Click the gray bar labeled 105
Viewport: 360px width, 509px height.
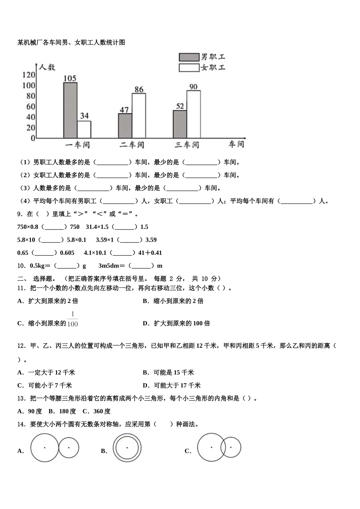tap(70, 110)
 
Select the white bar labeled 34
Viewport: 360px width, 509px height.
tap(84, 130)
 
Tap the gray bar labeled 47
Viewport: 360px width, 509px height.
tap(125, 126)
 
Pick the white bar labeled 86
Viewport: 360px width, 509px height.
tap(139, 116)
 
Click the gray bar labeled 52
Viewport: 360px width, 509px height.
tap(180, 124)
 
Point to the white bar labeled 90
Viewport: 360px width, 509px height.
tap(193, 114)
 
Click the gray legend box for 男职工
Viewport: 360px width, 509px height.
tap(189, 57)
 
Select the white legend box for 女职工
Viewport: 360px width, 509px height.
tap(189, 68)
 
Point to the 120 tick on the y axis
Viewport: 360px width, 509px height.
tap(29, 75)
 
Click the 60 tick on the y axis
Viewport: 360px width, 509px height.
tap(31, 106)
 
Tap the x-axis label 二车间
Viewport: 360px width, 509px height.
tap(132, 145)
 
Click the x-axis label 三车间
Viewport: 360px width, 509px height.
tap(187, 145)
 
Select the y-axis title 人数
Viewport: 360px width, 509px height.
tap(47, 67)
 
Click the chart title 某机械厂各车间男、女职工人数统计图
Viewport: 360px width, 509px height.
tap(71, 42)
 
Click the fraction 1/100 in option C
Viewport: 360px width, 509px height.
tap(72, 319)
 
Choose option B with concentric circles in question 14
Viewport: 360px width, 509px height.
tap(127, 448)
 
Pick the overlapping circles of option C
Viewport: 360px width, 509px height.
tap(219, 448)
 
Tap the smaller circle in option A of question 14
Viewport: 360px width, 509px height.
tap(69, 448)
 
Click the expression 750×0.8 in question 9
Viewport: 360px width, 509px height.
tap(28, 227)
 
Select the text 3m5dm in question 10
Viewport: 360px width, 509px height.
tap(109, 265)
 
